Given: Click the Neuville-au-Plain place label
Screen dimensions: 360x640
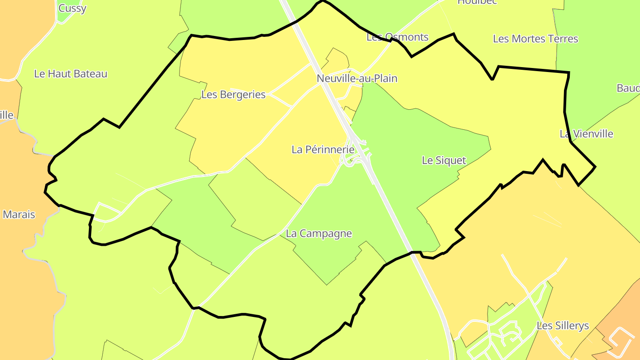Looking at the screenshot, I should [x=357, y=79].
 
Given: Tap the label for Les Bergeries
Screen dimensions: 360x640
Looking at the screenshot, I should [x=233, y=95].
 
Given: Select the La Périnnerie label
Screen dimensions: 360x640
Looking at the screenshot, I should [x=323, y=150].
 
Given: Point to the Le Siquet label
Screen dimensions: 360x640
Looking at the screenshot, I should [x=444, y=160].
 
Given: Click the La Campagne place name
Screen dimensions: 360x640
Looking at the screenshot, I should [x=319, y=233].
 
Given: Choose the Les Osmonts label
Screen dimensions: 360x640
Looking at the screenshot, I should [x=397, y=37].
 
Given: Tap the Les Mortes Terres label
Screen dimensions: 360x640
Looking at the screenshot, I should [x=536, y=39].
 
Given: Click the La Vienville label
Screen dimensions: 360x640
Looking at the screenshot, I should [x=586, y=134].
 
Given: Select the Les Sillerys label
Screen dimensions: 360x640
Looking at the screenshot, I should [x=563, y=326].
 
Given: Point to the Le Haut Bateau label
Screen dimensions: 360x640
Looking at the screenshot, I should [x=71, y=74].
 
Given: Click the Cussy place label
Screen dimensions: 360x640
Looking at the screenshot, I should [x=72, y=8].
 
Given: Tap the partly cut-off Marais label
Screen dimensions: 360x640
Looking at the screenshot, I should [x=18, y=215].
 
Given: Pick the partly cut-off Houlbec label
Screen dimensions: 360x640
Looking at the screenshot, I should [x=476, y=2].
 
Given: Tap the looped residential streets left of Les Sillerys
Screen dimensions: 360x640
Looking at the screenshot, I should [x=507, y=333].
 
